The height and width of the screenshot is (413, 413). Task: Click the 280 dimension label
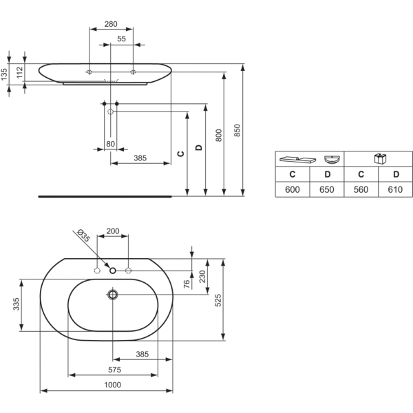pyautogui.click(x=111, y=24)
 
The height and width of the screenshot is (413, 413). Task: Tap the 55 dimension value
pyautogui.click(x=121, y=39)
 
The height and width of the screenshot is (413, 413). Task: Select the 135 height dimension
pyautogui.click(x=4, y=74)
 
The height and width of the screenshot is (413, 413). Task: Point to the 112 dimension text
pyautogui.click(x=20, y=72)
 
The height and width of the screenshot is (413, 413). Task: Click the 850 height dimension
pyautogui.click(x=237, y=130)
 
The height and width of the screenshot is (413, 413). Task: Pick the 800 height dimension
pyautogui.click(x=219, y=136)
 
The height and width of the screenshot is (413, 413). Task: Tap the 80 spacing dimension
pyautogui.click(x=110, y=144)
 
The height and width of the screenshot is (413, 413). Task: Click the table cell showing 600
pyautogui.click(x=293, y=189)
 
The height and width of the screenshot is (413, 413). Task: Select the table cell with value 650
pyautogui.click(x=326, y=189)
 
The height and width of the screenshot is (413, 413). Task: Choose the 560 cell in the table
pyautogui.click(x=361, y=189)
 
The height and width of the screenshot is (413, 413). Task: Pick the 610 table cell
pyautogui.click(x=395, y=189)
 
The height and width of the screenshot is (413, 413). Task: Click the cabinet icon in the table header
pyautogui.click(x=381, y=158)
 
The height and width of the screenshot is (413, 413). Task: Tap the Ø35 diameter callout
pyautogui.click(x=84, y=235)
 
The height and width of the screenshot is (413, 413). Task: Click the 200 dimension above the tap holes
pyautogui.click(x=113, y=231)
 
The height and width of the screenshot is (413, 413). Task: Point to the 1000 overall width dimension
pyautogui.click(x=112, y=385)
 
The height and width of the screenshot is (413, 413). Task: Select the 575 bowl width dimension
pyautogui.click(x=114, y=370)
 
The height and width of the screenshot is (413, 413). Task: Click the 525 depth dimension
pyautogui.click(x=218, y=300)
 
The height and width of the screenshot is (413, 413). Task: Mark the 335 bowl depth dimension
pyautogui.click(x=17, y=304)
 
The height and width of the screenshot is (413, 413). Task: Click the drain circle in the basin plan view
pyautogui.click(x=113, y=295)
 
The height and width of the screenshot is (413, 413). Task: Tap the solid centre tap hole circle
pyautogui.click(x=113, y=271)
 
